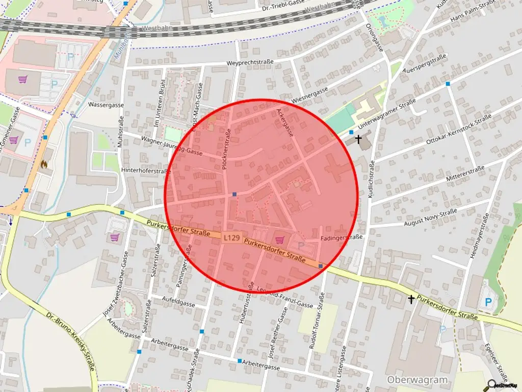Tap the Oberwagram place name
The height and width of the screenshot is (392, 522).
coord(417,380)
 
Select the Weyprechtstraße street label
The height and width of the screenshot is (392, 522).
coord(250,62)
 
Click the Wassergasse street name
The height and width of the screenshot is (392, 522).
coord(106,105)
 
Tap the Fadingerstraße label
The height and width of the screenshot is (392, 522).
coord(342,237)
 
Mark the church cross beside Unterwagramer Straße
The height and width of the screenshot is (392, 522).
coord(358,138)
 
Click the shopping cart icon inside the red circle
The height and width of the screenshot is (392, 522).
coord(279,240)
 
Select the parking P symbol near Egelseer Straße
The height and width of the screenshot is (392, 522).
coord(488,302)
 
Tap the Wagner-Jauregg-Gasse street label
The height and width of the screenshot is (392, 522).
coord(172,145)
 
